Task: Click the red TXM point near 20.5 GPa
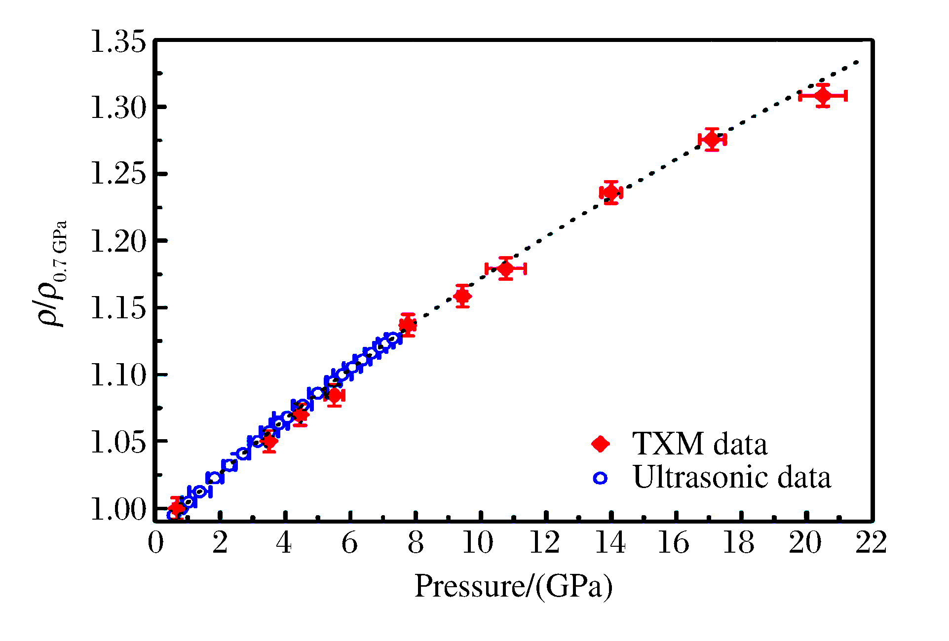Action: tap(823, 96)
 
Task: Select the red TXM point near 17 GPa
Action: tap(712, 140)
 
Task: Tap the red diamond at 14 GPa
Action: tap(611, 192)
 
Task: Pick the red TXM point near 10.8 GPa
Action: tap(506, 269)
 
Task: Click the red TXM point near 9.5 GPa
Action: tap(462, 296)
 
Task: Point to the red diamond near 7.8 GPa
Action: tap(408, 325)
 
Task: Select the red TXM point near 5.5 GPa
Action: tap(334, 395)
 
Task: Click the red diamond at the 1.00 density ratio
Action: tap(177, 508)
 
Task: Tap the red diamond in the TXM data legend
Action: tap(601, 444)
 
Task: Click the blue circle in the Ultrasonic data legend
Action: tap(601, 478)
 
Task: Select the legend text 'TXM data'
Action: tap(700, 444)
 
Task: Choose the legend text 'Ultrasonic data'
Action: tap(732, 478)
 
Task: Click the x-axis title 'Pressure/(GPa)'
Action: tap(513, 587)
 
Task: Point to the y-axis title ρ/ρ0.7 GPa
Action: tap(52, 274)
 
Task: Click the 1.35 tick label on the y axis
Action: tap(118, 41)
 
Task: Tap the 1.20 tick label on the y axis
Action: tap(118, 242)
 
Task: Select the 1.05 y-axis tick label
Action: tap(118, 442)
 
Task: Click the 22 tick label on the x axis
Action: tap(871, 543)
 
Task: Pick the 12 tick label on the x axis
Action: tap(545, 543)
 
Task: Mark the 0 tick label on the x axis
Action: tap(155, 543)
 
